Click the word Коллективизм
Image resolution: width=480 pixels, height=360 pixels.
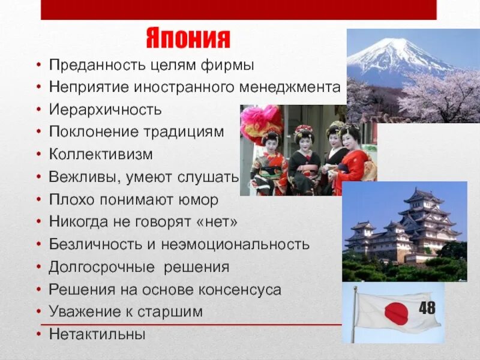pyautogui.click(x=101, y=155)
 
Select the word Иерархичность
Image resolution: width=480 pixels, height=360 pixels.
pyautogui.click(x=106, y=110)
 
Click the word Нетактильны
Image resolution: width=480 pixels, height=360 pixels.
pyautogui.click(x=97, y=334)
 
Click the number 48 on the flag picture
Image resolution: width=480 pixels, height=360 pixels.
pyautogui.click(x=427, y=308)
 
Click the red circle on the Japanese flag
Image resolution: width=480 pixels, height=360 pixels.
pyautogui.click(x=396, y=313)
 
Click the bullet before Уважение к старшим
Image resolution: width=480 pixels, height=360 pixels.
pyautogui.click(x=38, y=312)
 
